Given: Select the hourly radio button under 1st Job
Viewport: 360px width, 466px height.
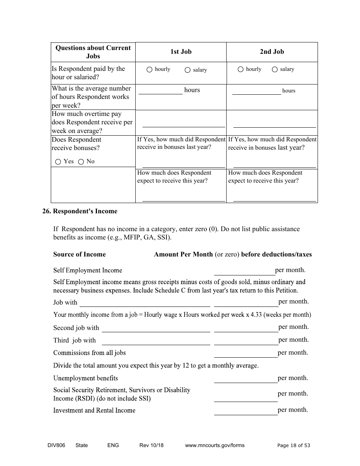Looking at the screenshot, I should [149, 70].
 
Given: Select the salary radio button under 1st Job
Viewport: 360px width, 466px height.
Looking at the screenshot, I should [187, 70].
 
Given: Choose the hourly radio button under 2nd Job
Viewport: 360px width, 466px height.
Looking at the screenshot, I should [240, 70].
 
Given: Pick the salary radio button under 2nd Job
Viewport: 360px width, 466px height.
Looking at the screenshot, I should [274, 70].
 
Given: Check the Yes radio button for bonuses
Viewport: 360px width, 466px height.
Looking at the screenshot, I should [58, 162].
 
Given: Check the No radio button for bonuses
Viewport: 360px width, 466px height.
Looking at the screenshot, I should [81, 162].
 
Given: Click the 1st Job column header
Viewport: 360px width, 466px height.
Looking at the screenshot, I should [181, 52].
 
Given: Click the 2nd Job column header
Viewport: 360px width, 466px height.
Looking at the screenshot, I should [272, 52].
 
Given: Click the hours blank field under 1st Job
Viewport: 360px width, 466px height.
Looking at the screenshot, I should [160, 90].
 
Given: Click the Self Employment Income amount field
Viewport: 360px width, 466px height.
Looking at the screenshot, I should [244, 271].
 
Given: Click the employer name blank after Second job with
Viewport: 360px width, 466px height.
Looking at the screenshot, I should [156, 328].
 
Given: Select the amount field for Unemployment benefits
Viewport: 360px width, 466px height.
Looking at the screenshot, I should [246, 378].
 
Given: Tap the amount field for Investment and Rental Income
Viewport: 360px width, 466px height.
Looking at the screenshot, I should [246, 411].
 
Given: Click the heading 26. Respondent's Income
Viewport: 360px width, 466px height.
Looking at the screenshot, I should [80, 211].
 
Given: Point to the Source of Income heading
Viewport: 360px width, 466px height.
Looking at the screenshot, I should [80, 255].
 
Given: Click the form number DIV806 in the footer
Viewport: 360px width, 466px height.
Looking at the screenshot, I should [53, 446].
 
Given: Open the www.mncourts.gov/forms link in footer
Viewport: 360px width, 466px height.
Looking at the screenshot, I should [214, 446].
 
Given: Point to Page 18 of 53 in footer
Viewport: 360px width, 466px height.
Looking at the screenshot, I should [294, 446].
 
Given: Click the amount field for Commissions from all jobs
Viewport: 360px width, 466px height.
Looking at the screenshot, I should [246, 353].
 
